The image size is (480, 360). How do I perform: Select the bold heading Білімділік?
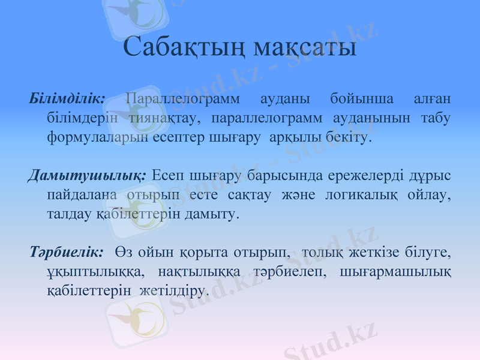click(67, 97)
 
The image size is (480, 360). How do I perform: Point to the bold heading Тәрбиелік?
click(66, 251)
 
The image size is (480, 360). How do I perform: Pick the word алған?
click(432, 97)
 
